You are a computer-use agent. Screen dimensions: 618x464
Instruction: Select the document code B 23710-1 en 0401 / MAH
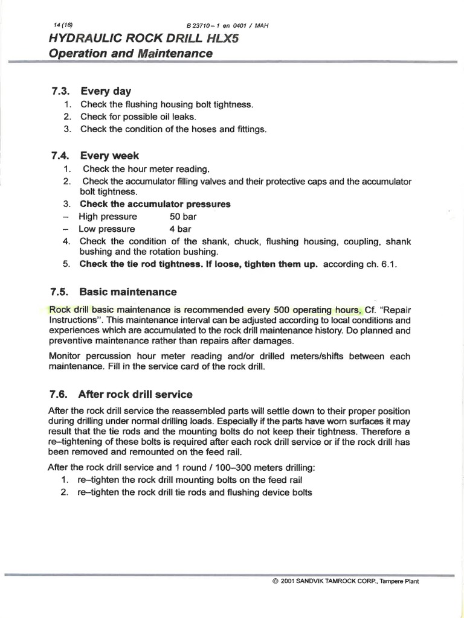click(x=228, y=25)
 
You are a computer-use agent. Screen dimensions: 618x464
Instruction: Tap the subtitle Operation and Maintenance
click(x=130, y=54)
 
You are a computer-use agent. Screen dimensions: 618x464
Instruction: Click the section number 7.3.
click(x=62, y=92)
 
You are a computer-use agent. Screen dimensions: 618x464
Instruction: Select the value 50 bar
click(x=183, y=217)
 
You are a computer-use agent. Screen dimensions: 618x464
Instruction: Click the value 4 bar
click(x=180, y=229)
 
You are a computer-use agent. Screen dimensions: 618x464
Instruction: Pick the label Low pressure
click(x=107, y=229)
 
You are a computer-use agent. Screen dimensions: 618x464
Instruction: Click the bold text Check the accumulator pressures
click(x=155, y=204)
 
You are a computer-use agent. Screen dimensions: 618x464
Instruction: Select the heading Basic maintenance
click(x=128, y=292)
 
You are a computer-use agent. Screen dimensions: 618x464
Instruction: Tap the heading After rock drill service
click(x=135, y=395)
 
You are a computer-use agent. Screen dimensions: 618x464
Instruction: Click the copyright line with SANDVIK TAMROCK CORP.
click(x=346, y=581)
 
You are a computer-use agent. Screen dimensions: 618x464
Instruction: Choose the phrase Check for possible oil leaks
click(x=138, y=117)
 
